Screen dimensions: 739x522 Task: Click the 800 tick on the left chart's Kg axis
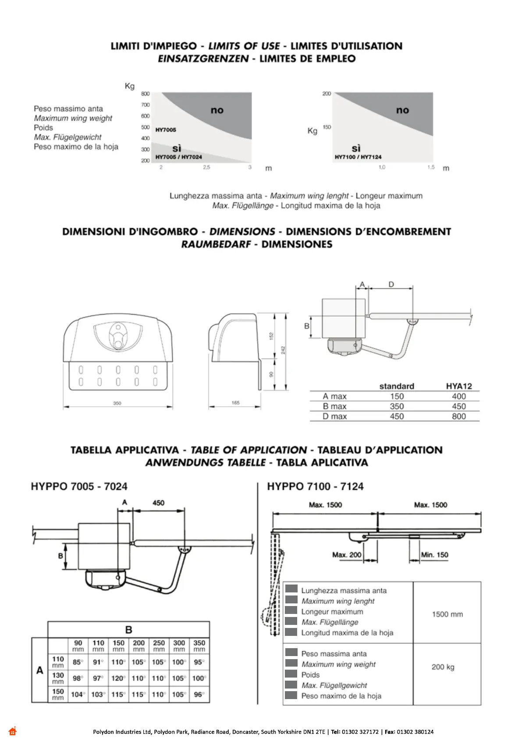point(146,93)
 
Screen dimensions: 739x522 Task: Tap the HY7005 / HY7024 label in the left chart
point(179,157)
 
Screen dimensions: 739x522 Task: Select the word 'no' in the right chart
point(402,110)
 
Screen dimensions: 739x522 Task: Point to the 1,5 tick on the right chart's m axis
point(431,167)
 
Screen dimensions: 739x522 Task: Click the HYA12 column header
point(459,386)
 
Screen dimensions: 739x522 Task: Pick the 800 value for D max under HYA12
point(459,416)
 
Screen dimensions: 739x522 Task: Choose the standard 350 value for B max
point(397,406)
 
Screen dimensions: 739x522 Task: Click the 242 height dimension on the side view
point(284,350)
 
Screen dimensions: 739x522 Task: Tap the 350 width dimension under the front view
point(117,403)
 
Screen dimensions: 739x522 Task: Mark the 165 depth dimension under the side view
point(235,402)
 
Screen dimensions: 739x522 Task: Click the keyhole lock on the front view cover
point(117,336)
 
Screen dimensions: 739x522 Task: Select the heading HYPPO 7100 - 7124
point(315,486)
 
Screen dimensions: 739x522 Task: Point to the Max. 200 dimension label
point(347,555)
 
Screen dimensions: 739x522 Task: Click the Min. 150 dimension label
point(434,555)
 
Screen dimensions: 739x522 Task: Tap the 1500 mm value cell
point(447,614)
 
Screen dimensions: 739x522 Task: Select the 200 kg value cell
point(443,667)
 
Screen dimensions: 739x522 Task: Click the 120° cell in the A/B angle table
point(118,678)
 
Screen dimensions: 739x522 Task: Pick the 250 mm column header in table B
point(159,646)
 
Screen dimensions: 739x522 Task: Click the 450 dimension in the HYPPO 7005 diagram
point(158,503)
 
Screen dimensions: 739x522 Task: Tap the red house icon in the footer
point(12,731)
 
